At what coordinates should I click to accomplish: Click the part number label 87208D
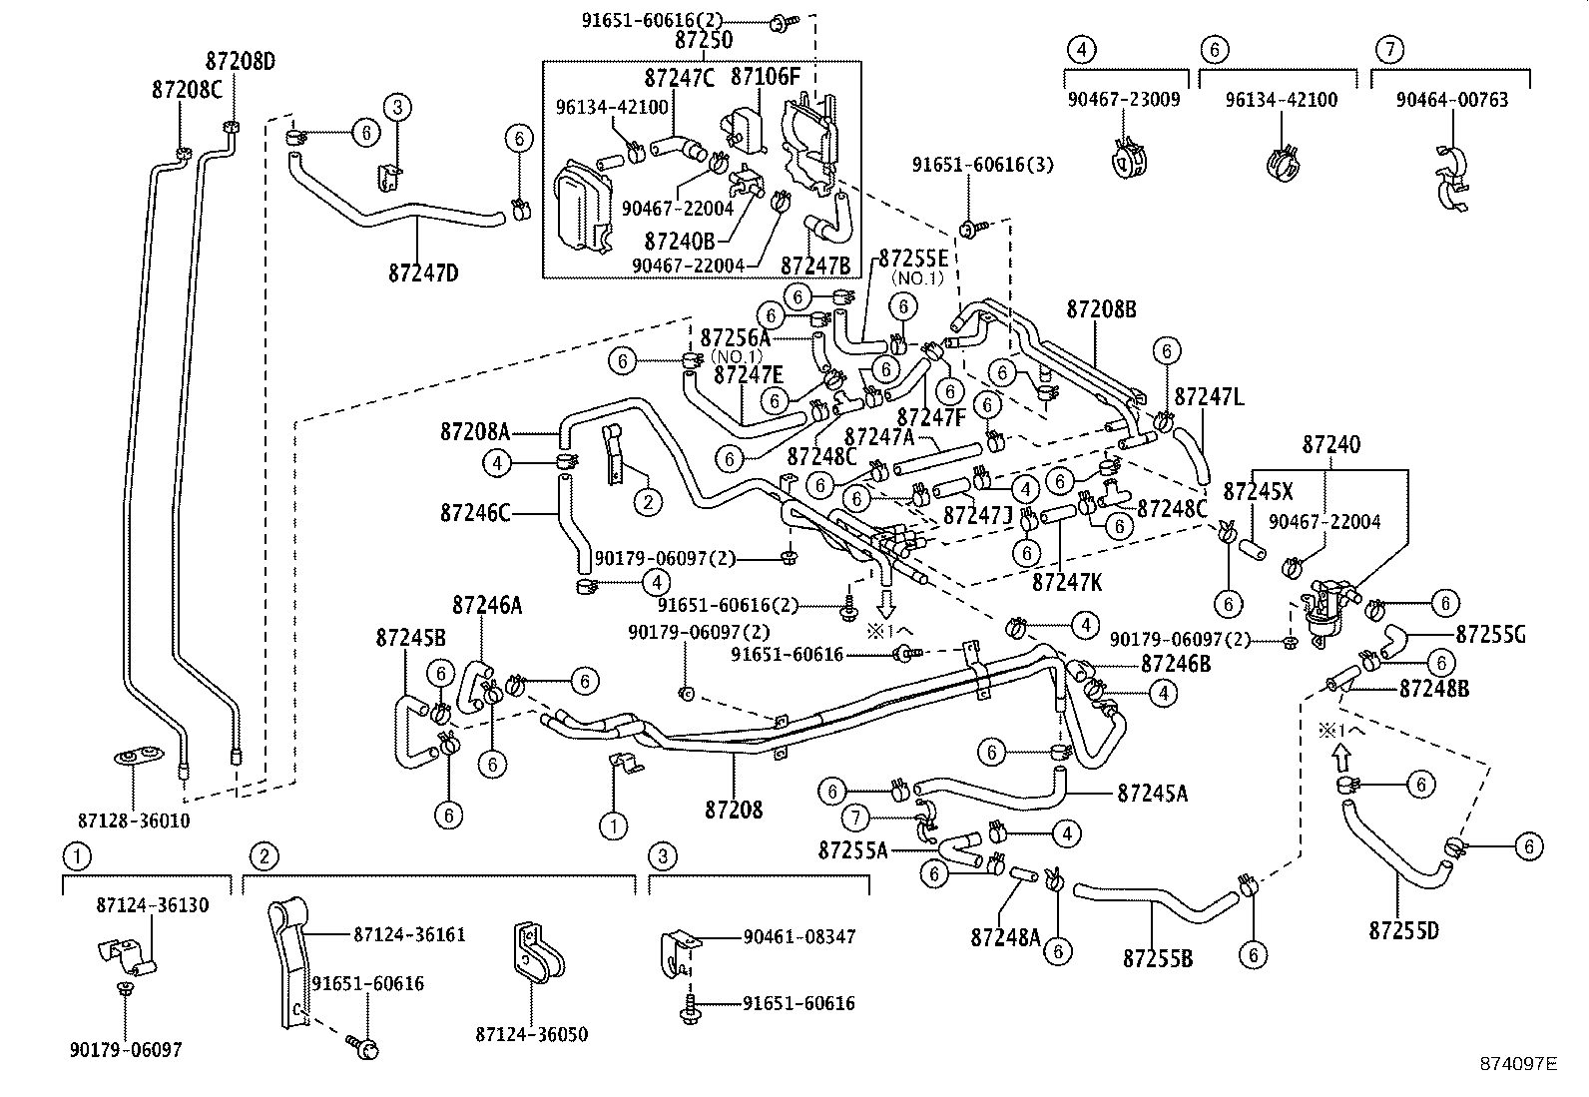tap(241, 62)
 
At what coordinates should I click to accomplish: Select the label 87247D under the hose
tap(423, 271)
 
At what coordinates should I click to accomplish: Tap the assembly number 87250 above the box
tap(703, 40)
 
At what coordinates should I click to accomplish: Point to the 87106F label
tap(766, 77)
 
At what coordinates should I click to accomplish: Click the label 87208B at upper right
tap(1101, 309)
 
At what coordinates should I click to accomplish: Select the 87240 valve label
tap(1331, 445)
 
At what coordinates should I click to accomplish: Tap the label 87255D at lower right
tap(1403, 930)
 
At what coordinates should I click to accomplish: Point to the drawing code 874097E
tap(1518, 1064)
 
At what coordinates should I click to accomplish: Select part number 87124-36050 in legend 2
tap(532, 1034)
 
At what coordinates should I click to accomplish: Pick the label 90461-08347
tap(798, 937)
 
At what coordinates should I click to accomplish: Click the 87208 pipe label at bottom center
tap(734, 810)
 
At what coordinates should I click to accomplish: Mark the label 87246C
tap(475, 513)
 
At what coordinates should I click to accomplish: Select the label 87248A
tap(1005, 936)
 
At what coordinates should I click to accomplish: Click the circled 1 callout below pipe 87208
tap(613, 825)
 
